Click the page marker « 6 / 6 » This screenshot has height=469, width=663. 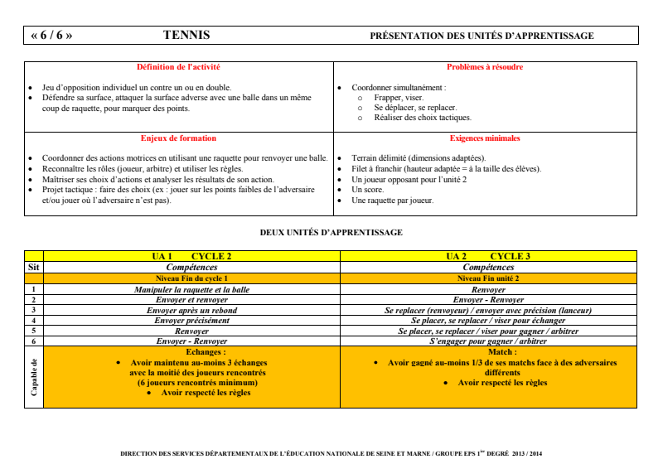click(x=51, y=36)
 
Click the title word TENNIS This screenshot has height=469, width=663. click(x=186, y=36)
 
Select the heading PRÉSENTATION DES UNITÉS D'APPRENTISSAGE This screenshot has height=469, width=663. click(x=482, y=36)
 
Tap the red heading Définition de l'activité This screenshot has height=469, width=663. click(x=178, y=67)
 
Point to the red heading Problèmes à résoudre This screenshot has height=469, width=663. click(x=485, y=67)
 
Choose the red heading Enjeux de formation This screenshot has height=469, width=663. click(x=178, y=138)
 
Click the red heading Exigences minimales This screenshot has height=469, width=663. click(x=485, y=138)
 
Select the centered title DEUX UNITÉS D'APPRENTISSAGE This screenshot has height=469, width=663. click(x=331, y=233)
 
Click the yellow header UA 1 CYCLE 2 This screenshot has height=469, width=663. click(x=191, y=257)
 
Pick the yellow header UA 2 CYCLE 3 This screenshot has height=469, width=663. click(x=488, y=257)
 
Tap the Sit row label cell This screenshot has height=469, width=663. click(x=33, y=268)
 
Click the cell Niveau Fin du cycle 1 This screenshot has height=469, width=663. click(x=191, y=278)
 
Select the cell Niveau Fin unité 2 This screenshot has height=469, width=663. click(x=488, y=278)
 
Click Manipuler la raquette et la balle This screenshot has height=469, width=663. click(x=191, y=289)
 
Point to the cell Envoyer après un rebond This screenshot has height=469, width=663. click(x=191, y=310)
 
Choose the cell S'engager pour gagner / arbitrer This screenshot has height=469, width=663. click(x=488, y=341)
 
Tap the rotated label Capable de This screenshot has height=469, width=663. click(x=34, y=376)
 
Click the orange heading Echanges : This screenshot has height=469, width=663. click(x=191, y=352)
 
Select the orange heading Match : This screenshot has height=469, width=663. click(x=488, y=352)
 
